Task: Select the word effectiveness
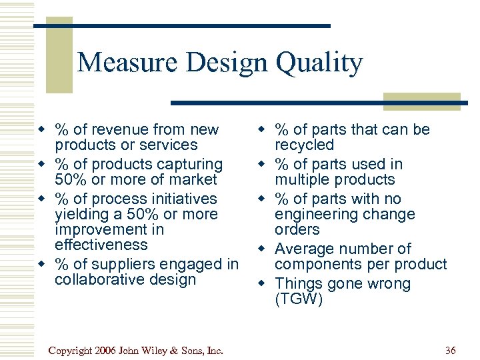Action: coord(101,245)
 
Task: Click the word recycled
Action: coord(305,145)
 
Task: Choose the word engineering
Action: coord(319,214)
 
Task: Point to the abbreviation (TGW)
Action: coord(298,299)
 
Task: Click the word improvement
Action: coord(101,229)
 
